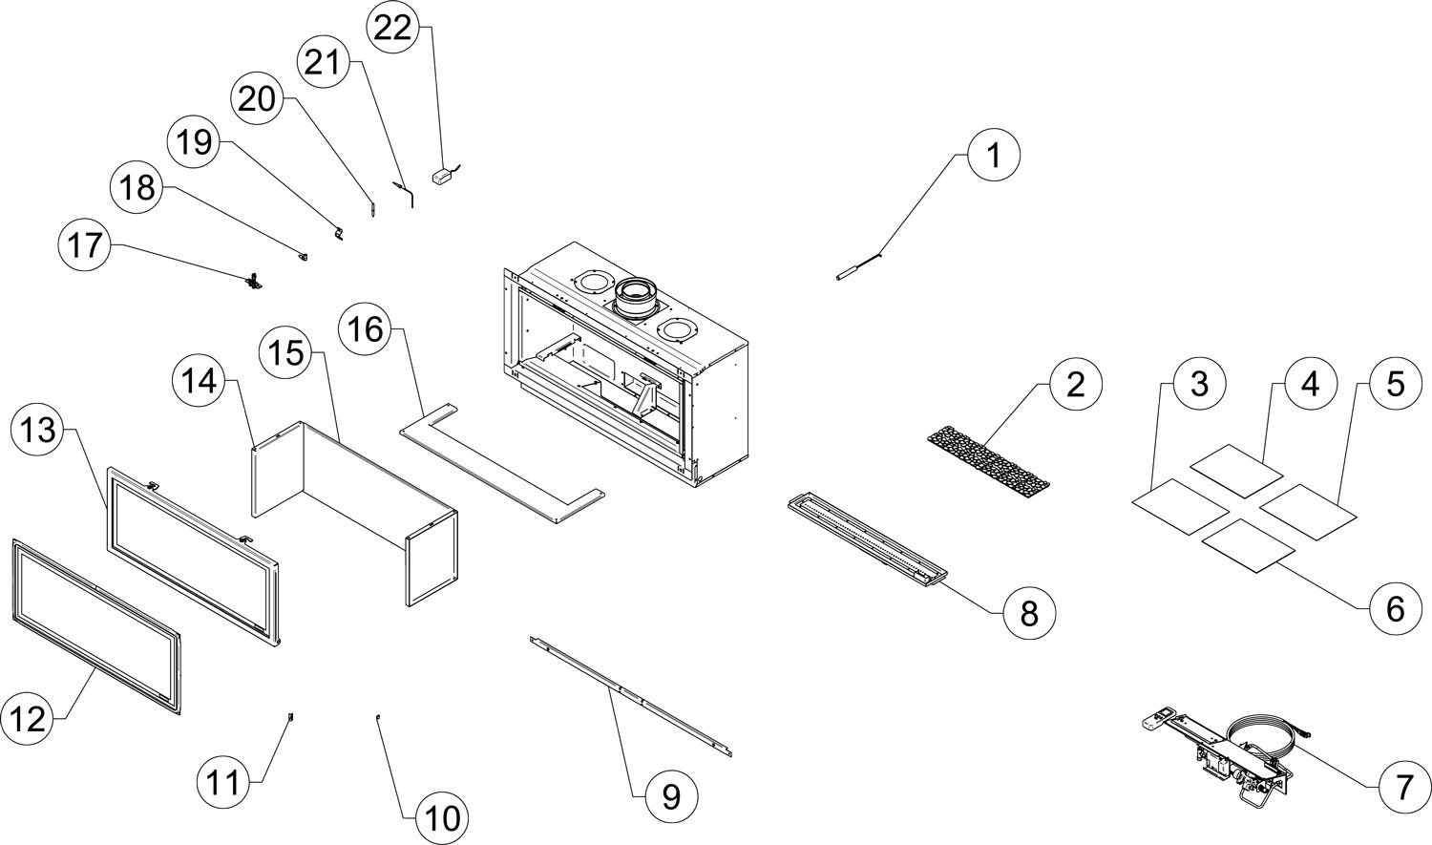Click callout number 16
(366, 329)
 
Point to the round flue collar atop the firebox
(632, 297)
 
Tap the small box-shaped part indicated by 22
(442, 176)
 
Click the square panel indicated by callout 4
(1236, 470)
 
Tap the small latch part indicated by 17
(255, 281)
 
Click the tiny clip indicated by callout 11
(291, 717)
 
